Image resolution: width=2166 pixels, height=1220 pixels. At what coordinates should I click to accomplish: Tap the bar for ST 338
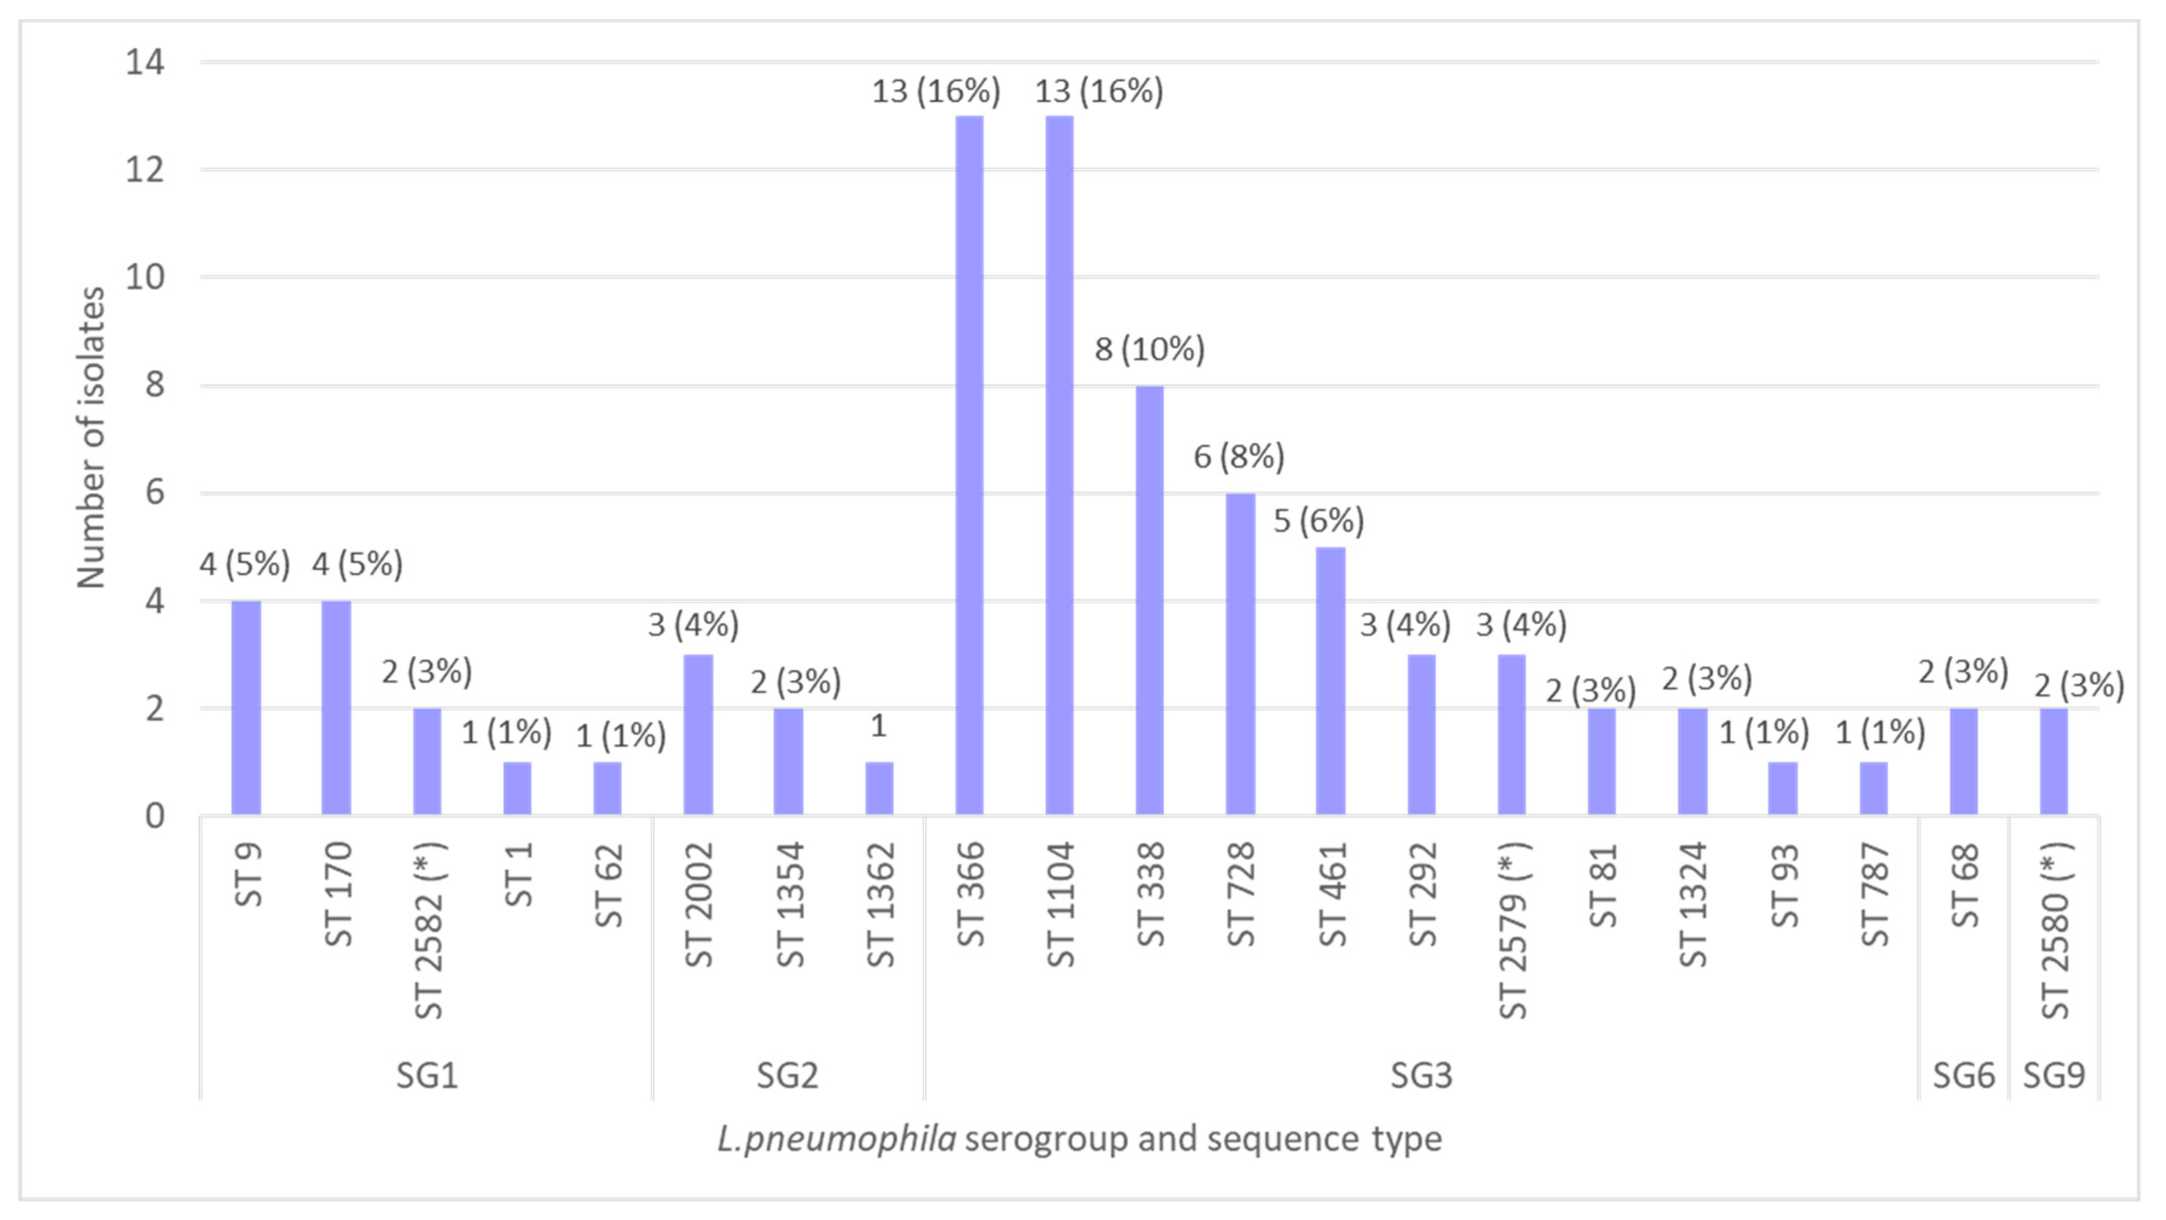tap(1149, 600)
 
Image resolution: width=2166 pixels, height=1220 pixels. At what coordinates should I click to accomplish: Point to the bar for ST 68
tap(1964, 762)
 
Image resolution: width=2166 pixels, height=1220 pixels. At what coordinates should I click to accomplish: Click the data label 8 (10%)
tap(1149, 349)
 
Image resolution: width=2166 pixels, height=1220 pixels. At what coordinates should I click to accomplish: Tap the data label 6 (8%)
tap(1239, 456)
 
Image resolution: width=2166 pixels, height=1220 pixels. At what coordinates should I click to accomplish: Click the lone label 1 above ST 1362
tap(879, 726)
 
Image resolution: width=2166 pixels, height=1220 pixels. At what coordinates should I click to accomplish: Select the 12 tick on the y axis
tap(145, 170)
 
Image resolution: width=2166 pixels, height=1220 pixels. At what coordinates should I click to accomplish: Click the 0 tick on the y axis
tap(155, 816)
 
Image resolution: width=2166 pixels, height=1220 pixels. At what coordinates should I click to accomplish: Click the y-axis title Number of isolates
tap(91, 437)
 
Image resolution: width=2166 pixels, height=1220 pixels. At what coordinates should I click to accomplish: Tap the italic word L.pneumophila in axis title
tap(836, 1139)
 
